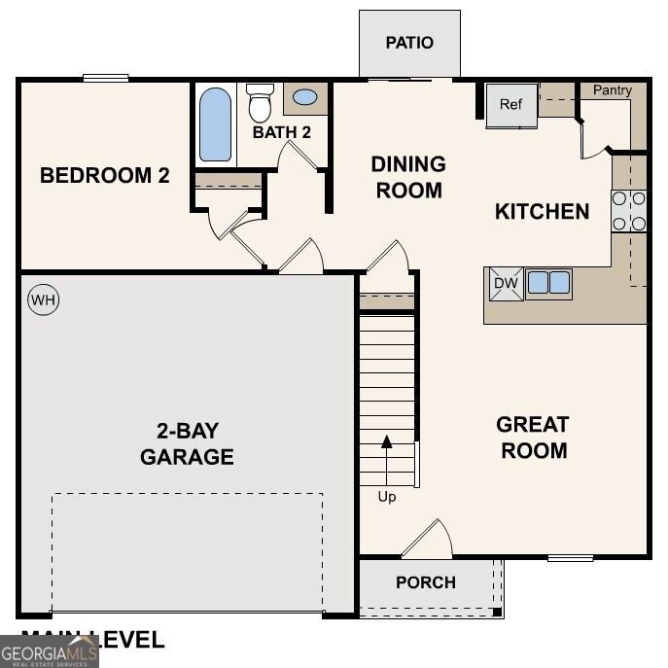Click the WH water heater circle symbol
pos(43,300)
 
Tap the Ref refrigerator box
pos(511,105)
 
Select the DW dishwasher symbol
pos(505,283)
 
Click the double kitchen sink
pos(548,283)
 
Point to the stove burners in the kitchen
pos(629,211)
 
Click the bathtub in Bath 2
pos(216,124)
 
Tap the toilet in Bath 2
pos(260,102)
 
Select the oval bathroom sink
pos(304,97)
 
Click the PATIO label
pos(409,43)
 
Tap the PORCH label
pos(426,582)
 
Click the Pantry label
pos(613,90)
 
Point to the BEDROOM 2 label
pos(105,176)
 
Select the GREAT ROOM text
pos(532,438)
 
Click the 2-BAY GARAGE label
pos(187,443)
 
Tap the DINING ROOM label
pos(408,177)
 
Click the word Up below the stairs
pos(387,497)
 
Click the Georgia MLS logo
pos(49,650)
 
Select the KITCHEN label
pos(542,211)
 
